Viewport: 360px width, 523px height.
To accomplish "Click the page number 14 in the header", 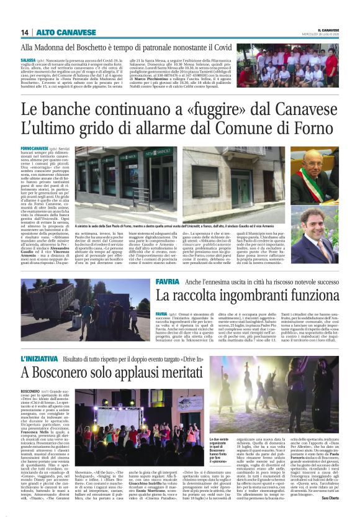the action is [25, 32].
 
